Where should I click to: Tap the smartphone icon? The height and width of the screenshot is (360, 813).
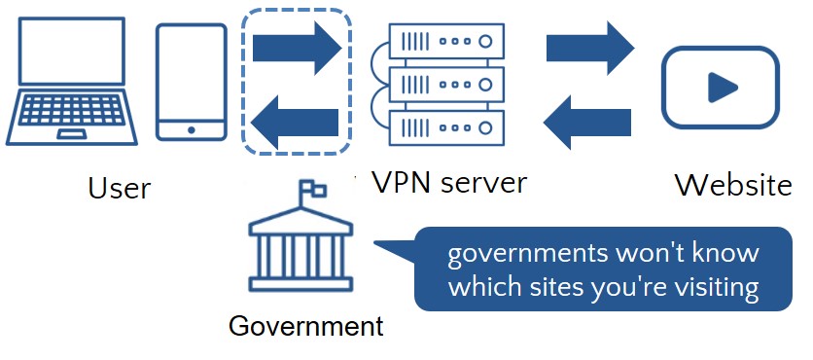pyautogui.click(x=192, y=83)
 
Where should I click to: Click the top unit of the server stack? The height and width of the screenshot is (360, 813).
pyautogui.click(x=440, y=41)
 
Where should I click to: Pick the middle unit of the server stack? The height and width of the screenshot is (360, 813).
pyautogui.click(x=440, y=84)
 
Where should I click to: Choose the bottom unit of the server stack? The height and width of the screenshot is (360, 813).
pyautogui.click(x=440, y=126)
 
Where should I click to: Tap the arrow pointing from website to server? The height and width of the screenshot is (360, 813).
pyautogui.click(x=587, y=121)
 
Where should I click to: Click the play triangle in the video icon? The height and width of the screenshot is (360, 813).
pyautogui.click(x=721, y=88)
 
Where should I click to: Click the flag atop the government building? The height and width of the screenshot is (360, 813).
pyautogui.click(x=313, y=188)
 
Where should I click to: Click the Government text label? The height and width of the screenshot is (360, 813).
pyautogui.click(x=306, y=326)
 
